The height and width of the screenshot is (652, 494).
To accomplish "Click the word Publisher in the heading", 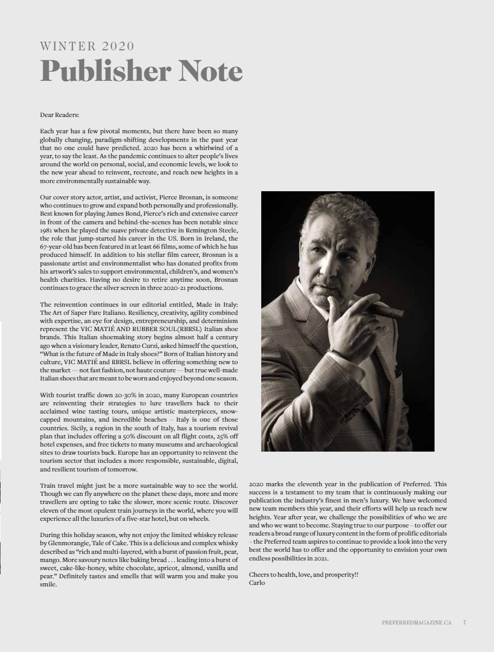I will click(105, 71).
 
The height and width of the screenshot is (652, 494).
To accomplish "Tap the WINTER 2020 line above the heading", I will click(87, 46).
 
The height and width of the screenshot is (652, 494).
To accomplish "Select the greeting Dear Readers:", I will click(59, 115).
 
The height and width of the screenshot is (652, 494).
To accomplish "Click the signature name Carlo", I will click(257, 583).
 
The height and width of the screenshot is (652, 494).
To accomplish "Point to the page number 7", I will click(465, 622).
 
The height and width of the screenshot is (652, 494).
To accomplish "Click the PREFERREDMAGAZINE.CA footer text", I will click(416, 622).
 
